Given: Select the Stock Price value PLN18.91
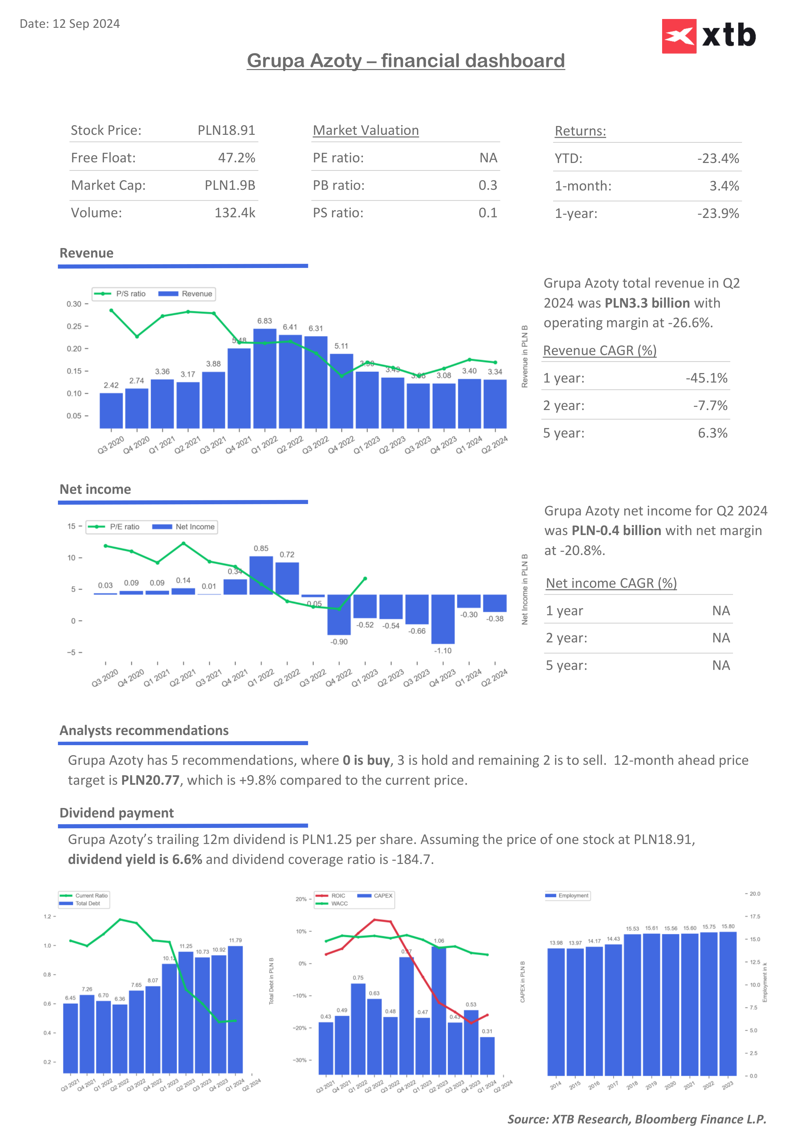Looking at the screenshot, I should [226, 131].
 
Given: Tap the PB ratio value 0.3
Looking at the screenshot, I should [488, 186].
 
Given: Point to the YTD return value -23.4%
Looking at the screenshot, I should [718, 158].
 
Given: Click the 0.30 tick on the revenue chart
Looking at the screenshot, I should [74, 304].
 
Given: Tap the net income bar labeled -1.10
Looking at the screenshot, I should [443, 619].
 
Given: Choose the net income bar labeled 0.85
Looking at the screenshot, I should [261, 575].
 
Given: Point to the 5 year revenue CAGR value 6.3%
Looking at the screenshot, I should [713, 433].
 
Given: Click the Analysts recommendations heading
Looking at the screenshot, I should [144, 730].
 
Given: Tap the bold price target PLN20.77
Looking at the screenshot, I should [150, 780].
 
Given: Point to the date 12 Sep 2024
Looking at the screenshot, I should [86, 24].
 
